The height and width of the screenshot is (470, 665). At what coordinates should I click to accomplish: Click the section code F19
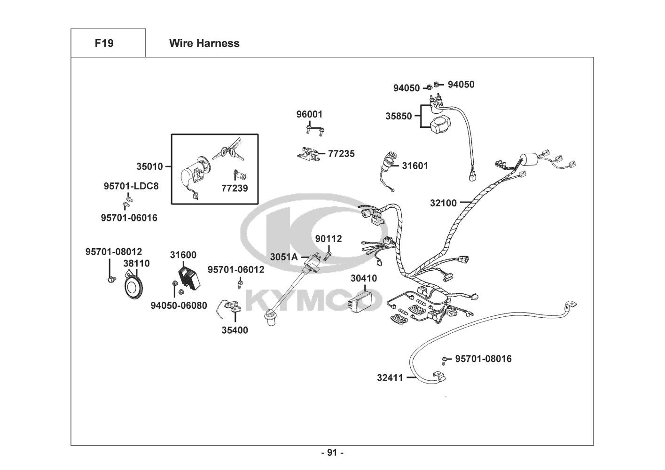[x=104, y=43]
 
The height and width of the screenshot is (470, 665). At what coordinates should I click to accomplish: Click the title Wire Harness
[x=204, y=43]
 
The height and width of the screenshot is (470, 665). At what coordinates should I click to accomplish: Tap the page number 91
[x=332, y=453]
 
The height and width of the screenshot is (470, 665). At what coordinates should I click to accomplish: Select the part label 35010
[x=149, y=166]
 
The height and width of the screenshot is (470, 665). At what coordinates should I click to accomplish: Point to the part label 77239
[x=235, y=188]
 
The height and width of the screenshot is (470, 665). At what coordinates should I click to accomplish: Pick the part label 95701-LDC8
[x=131, y=186]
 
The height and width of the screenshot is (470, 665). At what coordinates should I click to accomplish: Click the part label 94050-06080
[x=179, y=305]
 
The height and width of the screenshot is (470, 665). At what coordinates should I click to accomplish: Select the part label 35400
[x=235, y=330]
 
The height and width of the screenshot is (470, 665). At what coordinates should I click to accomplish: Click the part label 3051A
[x=283, y=257]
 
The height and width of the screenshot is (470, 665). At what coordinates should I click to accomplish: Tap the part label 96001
[x=309, y=114]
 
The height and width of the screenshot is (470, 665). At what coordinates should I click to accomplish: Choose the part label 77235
[x=341, y=154]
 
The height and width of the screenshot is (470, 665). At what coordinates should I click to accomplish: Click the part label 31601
[x=415, y=166]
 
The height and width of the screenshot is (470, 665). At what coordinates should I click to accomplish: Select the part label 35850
[x=399, y=116]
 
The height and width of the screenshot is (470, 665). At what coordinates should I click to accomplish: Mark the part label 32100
[x=443, y=203]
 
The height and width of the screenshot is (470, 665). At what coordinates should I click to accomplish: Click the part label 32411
[x=390, y=377]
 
